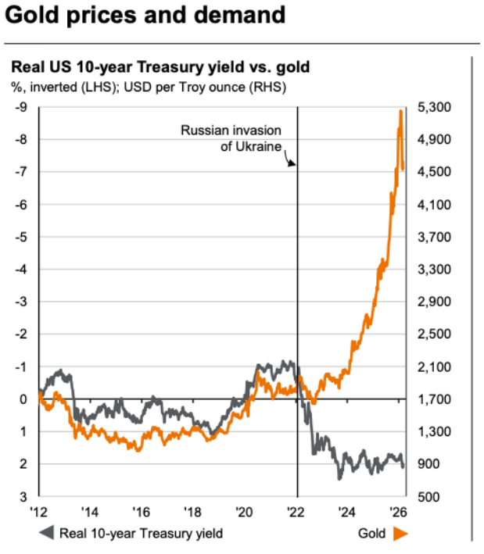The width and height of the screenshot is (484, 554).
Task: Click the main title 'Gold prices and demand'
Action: click(145, 16)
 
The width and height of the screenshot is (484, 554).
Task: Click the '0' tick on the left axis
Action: click(23, 399)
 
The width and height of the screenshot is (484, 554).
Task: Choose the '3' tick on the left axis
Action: click(23, 496)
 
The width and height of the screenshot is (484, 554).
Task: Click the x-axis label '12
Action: click(38, 513)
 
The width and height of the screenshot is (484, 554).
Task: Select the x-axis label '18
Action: click(194, 513)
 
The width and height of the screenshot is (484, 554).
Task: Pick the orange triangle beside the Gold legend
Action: click(403, 534)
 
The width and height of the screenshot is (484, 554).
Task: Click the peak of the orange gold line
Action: click(400, 112)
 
